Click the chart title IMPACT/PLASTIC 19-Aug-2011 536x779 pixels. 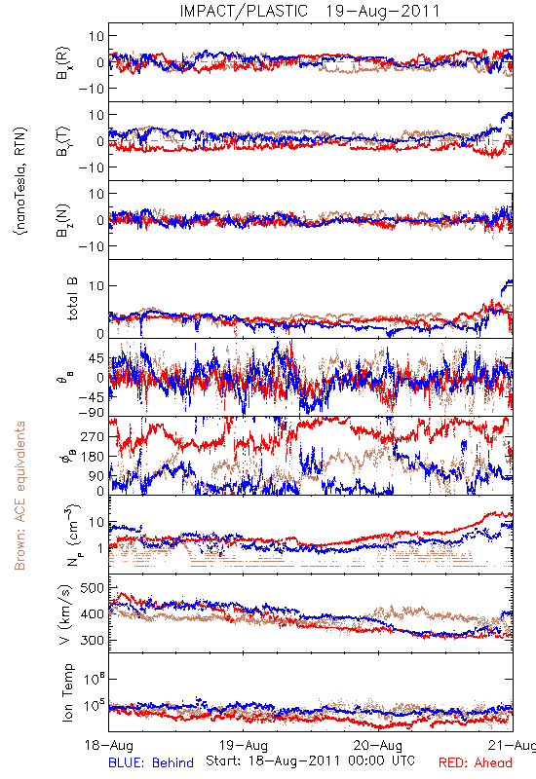tap(310, 11)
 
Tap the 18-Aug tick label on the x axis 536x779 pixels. tap(109, 745)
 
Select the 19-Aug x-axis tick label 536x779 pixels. tap(243, 745)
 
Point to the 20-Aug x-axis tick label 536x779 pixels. tap(378, 745)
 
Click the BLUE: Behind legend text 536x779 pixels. tap(151, 762)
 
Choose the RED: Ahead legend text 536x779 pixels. tap(475, 762)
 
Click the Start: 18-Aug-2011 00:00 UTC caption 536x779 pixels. tap(310, 760)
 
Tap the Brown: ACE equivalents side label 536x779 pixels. tap(19, 496)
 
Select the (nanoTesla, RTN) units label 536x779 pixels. tap(20, 180)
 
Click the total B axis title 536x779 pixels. tap(72, 299)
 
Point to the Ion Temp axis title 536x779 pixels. tap(68, 692)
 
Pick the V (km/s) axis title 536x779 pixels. tap(66, 614)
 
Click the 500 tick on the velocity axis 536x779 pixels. tap(92, 588)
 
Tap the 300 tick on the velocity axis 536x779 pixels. tap(92, 640)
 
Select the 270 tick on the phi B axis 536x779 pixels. tap(93, 436)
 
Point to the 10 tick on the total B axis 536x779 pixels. tap(96, 285)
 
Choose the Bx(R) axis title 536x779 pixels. tap(63, 63)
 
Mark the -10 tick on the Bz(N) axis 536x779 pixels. tap(93, 246)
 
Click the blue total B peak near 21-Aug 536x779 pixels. tap(509, 281)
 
